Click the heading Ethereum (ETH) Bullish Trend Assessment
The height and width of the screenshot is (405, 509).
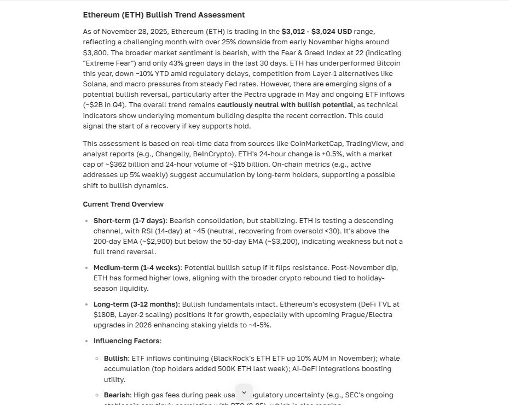coord(164,15)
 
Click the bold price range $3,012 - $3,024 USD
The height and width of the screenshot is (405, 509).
coord(317,31)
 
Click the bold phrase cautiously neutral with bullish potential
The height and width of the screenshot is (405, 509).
coord(285,104)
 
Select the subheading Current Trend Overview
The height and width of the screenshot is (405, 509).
coord(123,204)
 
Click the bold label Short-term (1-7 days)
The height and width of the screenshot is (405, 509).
coord(129,220)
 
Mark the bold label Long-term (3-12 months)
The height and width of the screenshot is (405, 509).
coord(136,304)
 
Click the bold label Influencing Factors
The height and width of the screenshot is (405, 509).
coord(127,341)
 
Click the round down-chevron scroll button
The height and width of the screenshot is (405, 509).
coord(244,392)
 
